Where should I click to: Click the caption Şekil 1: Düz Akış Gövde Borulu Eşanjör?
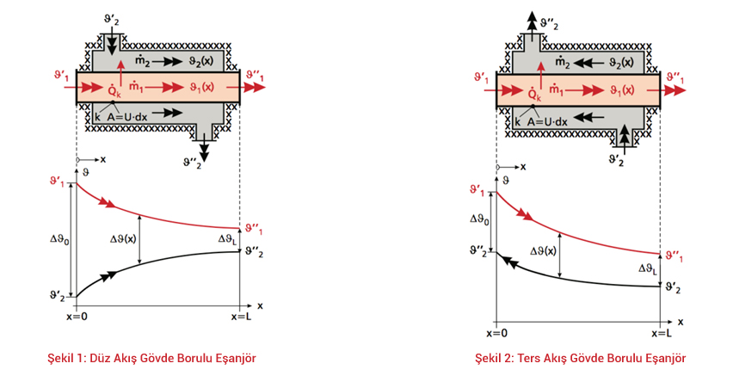point(151,357)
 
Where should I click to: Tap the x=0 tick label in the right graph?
point(497,333)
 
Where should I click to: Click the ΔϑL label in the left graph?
point(223,239)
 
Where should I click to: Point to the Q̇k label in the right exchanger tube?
point(534,93)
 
